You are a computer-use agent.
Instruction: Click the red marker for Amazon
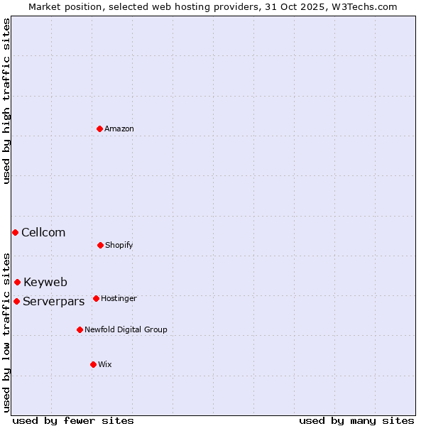pyautogui.click(x=100, y=129)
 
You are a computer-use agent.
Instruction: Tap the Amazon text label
pyautogui.click(x=119, y=129)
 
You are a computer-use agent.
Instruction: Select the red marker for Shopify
pyautogui.click(x=100, y=245)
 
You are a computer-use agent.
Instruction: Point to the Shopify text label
pyautogui.click(x=119, y=245)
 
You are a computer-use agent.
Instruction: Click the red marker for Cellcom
pyautogui.click(x=15, y=232)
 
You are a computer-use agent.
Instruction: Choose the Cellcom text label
pyautogui.click(x=43, y=232)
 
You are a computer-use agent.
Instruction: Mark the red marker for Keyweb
pyautogui.click(x=17, y=282)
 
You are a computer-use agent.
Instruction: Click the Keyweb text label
pyautogui.click(x=45, y=282)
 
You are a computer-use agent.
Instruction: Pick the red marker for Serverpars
pyautogui.click(x=16, y=301)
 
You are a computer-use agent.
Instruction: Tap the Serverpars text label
pyautogui.click(x=54, y=301)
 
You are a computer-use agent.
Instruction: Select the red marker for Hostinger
pyautogui.click(x=96, y=298)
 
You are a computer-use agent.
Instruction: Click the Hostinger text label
pyautogui.click(x=119, y=298)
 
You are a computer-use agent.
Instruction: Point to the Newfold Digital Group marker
pyautogui.click(x=80, y=329)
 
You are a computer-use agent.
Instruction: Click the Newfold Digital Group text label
pyautogui.click(x=126, y=329)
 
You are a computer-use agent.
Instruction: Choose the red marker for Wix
pyautogui.click(x=93, y=364)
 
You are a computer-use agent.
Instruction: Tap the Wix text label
pyautogui.click(x=105, y=364)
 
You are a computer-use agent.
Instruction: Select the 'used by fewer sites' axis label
pyautogui.click(x=73, y=420)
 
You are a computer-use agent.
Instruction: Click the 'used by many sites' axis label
pyautogui.click(x=356, y=420)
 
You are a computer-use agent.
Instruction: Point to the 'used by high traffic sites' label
pyautogui.click(x=6, y=101)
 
